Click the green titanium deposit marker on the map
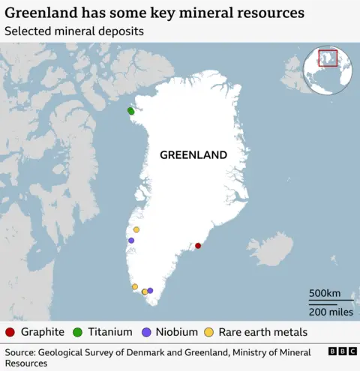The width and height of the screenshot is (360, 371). pos(130,111)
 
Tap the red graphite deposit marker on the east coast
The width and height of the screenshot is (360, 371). pos(198,246)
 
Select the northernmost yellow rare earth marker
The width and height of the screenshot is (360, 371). pos(136,229)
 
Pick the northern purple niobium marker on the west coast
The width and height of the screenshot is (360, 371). pos(131,241)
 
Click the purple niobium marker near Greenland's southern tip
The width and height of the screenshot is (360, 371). pos(150,290)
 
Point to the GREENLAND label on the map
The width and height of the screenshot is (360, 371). pos(193,155)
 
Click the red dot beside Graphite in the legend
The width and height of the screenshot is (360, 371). pos(10,332)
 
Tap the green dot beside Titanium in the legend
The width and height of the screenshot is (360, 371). pos(77,332)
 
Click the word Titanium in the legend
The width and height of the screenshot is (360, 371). pos(109,332)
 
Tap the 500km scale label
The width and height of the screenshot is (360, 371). pos(325,292)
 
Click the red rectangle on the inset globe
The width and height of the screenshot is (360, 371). pos(328,58)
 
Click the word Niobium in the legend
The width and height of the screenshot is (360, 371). pos(177,332)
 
